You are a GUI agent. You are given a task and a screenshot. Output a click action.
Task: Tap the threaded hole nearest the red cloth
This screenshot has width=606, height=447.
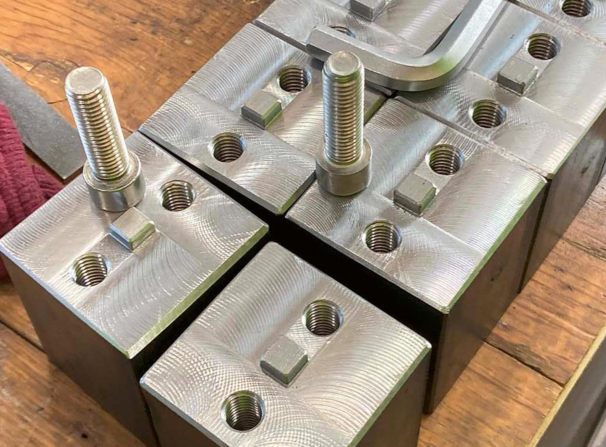coord(91,269)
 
